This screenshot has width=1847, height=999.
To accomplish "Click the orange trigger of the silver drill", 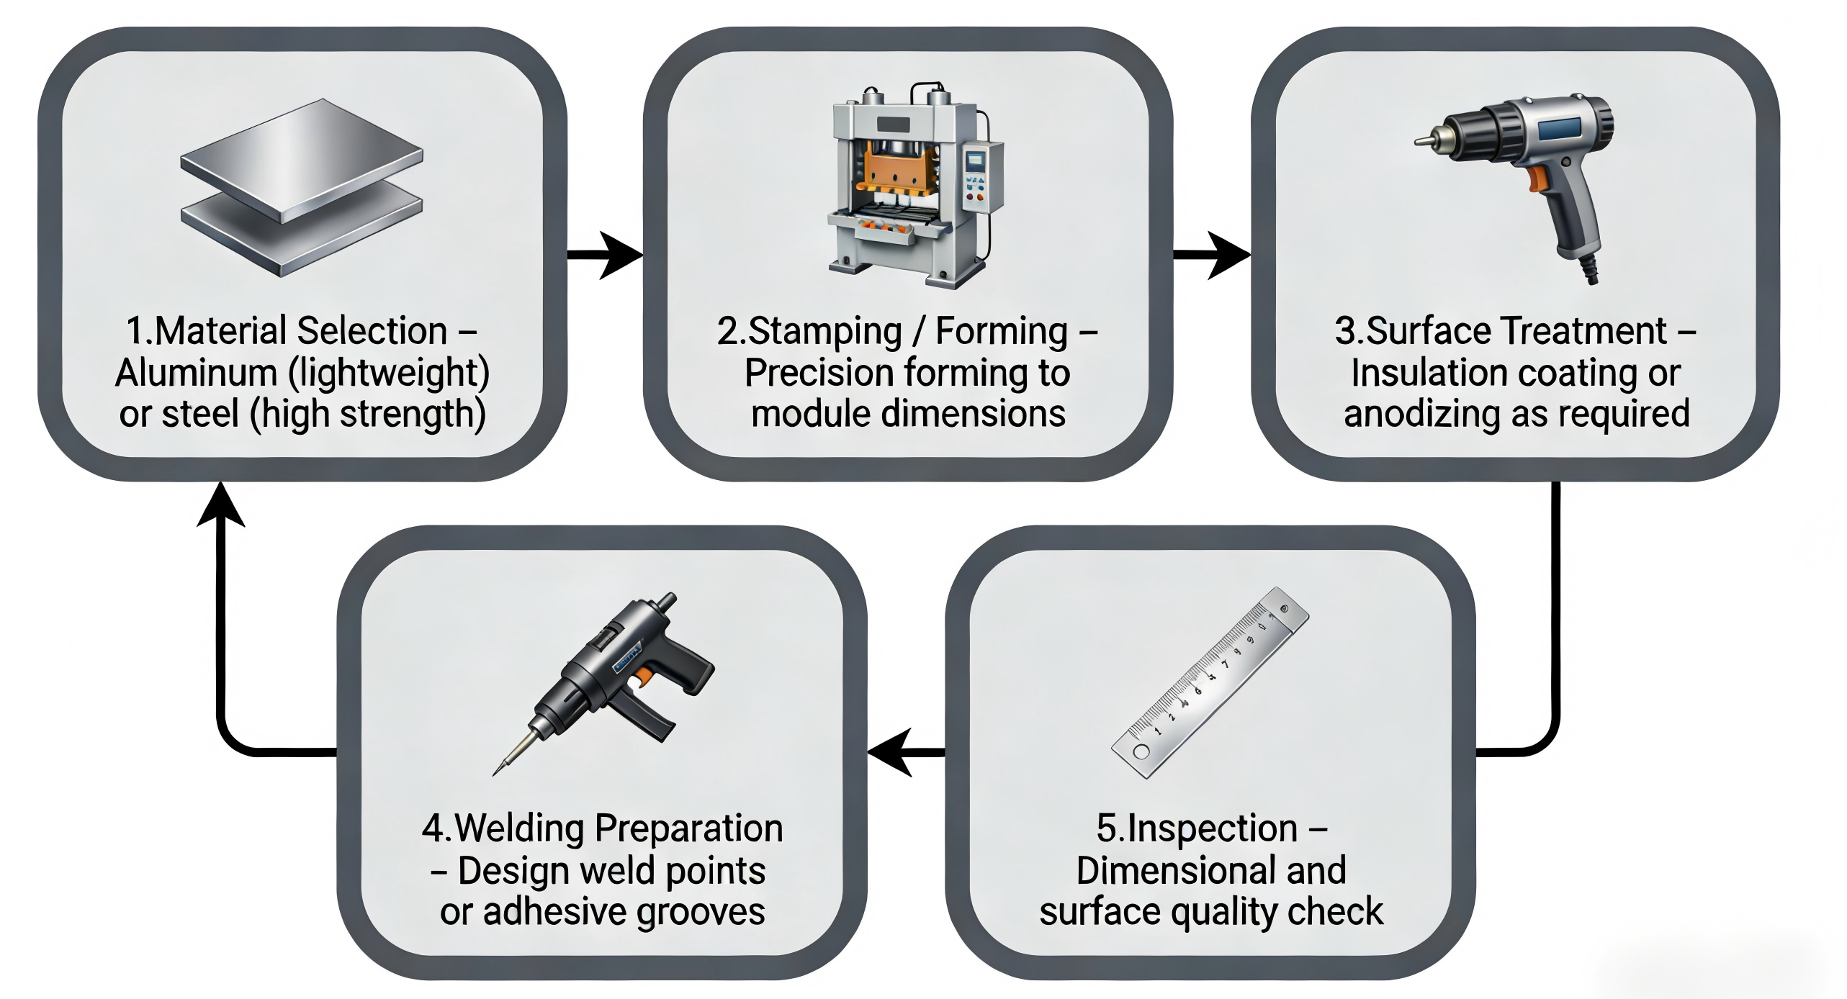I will click(1537, 178).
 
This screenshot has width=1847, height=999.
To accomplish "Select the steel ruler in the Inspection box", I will click(1210, 682).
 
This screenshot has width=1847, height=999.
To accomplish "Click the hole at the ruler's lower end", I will click(1141, 752).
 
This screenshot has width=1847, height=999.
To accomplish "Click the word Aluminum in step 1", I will click(196, 373).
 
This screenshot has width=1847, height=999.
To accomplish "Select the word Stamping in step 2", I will click(824, 331).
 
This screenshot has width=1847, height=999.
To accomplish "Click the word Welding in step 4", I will click(518, 828).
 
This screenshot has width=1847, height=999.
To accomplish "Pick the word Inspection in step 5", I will click(1213, 828).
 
